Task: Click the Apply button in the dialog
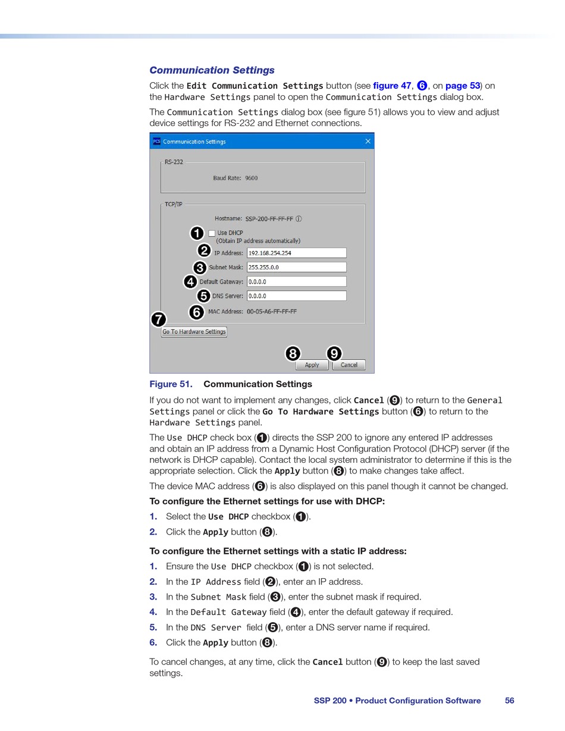pyautogui.click(x=312, y=365)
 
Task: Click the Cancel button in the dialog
pyautogui.click(x=349, y=365)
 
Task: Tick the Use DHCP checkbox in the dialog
pyautogui.click(x=212, y=233)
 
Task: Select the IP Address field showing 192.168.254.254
pyautogui.click(x=296, y=253)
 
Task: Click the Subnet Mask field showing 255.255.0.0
pyautogui.click(x=296, y=267)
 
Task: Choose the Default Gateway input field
pyautogui.click(x=296, y=281)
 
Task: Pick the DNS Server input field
pyautogui.click(x=296, y=296)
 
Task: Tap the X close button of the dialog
pyautogui.click(x=368, y=141)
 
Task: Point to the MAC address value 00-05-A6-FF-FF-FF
pyautogui.click(x=272, y=311)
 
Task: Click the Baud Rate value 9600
pyautogui.click(x=251, y=178)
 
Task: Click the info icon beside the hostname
pyautogui.click(x=299, y=219)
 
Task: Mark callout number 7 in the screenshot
pyautogui.click(x=158, y=319)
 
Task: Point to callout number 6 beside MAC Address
pyautogui.click(x=196, y=312)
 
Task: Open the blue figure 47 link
pyautogui.click(x=392, y=86)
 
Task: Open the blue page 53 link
pyautogui.click(x=462, y=86)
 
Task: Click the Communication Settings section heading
pyautogui.click(x=212, y=70)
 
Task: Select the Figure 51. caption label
pyautogui.click(x=171, y=384)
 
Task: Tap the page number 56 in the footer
pyautogui.click(x=510, y=701)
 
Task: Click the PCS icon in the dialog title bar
pyautogui.click(x=156, y=141)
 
